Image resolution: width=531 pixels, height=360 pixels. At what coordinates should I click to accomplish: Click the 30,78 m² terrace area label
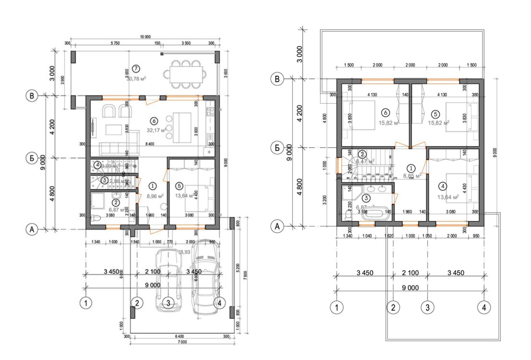136,79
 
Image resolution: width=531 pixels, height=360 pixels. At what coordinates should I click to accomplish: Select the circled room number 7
136,69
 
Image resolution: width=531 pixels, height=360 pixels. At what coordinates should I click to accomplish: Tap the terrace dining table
185,74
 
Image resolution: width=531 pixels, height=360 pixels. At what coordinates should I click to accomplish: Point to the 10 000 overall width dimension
145,37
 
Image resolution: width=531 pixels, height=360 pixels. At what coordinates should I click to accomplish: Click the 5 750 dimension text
115,43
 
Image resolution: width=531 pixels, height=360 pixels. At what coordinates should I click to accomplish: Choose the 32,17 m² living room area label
156,131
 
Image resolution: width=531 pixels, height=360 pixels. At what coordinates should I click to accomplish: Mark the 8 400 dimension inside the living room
150,144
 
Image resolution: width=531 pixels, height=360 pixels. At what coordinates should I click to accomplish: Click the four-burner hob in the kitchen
210,111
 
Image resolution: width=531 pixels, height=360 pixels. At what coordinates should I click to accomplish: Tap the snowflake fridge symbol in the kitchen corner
209,152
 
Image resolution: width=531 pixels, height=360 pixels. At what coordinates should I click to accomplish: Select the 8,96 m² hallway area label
155,196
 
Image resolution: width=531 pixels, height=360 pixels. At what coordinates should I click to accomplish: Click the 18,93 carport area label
184,252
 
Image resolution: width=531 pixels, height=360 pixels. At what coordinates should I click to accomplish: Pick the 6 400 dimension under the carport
179,336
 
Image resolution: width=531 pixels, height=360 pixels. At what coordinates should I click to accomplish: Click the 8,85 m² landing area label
412,176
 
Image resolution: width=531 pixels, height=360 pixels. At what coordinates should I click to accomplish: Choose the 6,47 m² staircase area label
365,161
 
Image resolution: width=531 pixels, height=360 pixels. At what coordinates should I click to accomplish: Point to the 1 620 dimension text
389,236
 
